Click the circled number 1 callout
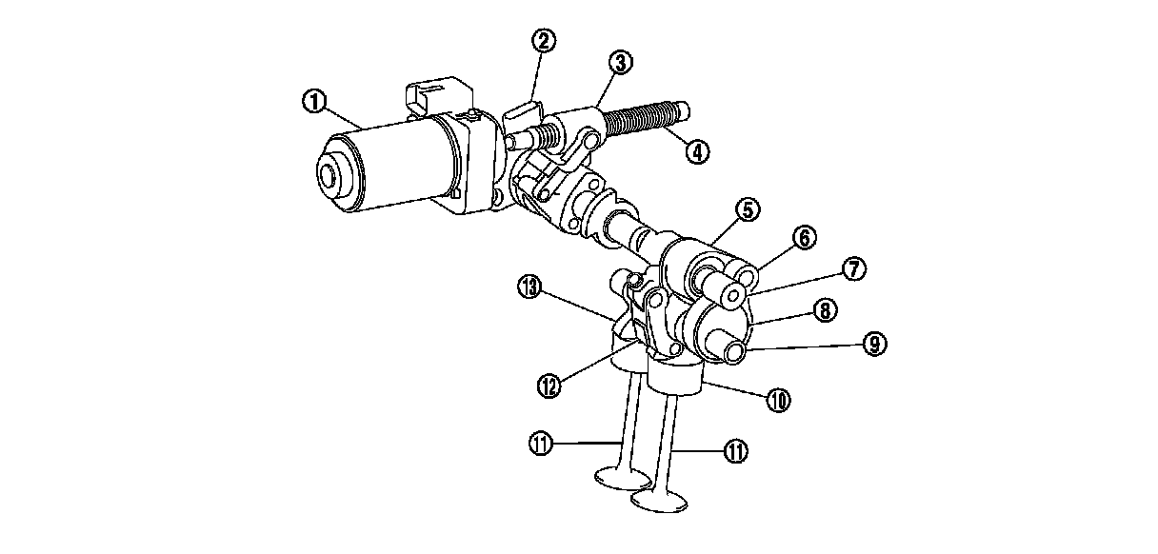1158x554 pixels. click(313, 101)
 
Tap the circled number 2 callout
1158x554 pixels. click(545, 40)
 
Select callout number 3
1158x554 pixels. click(620, 63)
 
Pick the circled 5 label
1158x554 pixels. click(748, 208)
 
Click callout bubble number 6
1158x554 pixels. click(803, 238)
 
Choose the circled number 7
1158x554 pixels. click(853, 269)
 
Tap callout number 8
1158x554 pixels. click(825, 309)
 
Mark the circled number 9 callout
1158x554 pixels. click(874, 345)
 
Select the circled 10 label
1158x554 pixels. click(778, 401)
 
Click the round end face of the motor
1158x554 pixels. click(330, 177)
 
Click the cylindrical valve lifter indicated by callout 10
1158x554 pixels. click(676, 382)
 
